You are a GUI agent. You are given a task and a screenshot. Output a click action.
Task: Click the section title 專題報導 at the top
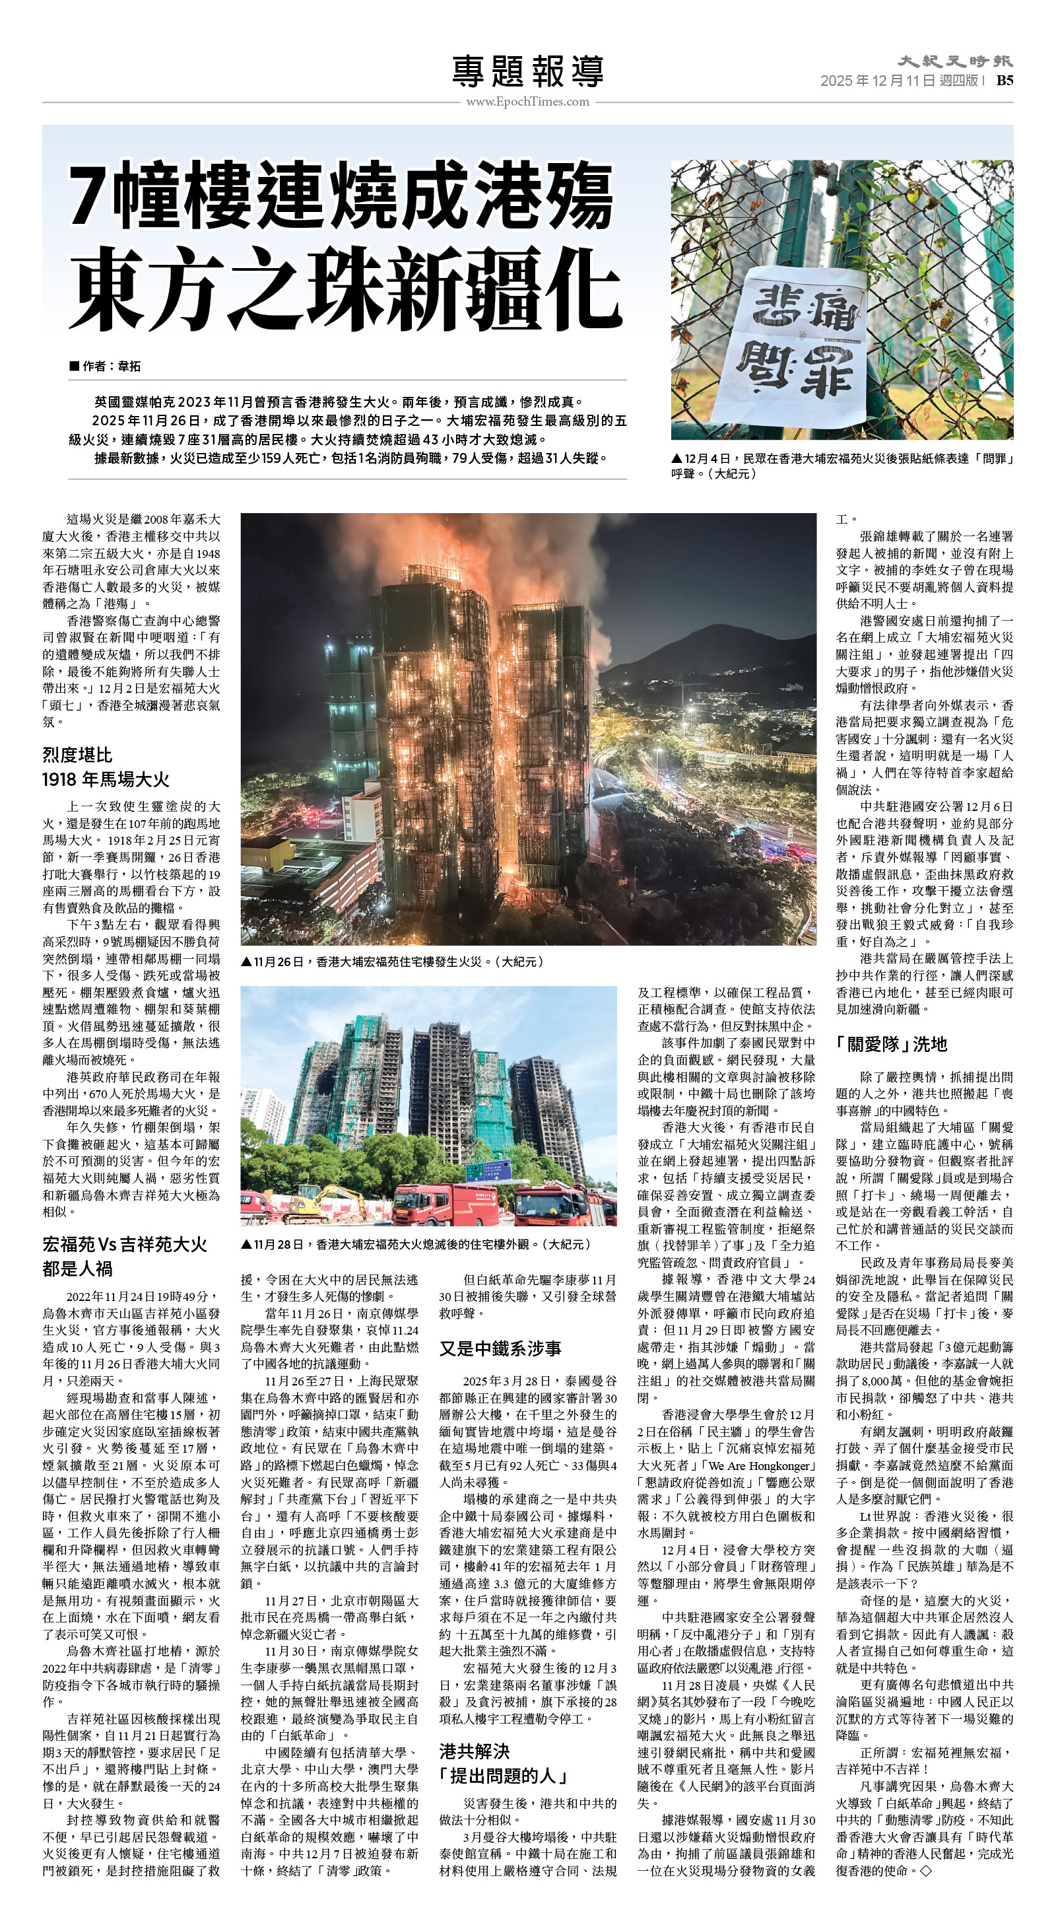pyautogui.click(x=527, y=71)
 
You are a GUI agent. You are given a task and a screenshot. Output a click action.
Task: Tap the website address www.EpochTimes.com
pyautogui.click(x=527, y=102)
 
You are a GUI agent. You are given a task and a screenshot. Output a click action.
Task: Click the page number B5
pyautogui.click(x=1005, y=81)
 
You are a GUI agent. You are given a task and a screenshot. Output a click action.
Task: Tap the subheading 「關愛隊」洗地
pyautogui.click(x=891, y=1043)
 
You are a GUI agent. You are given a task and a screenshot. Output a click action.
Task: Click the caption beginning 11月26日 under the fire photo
pyautogui.click(x=393, y=961)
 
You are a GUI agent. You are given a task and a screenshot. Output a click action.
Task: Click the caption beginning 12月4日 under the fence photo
pyautogui.click(x=841, y=466)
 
